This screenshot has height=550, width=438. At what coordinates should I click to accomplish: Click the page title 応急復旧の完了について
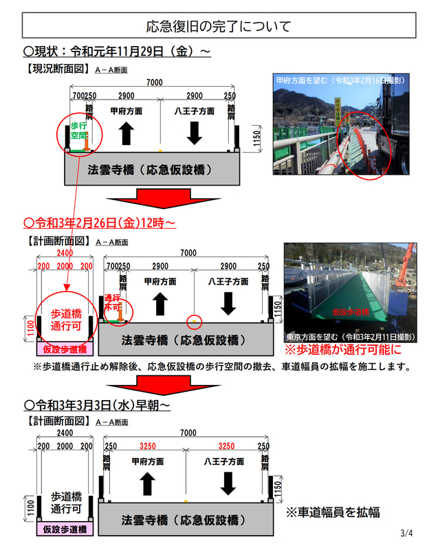pos(219,27)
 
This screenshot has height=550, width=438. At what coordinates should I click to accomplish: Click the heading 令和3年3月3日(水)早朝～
pos(96,405)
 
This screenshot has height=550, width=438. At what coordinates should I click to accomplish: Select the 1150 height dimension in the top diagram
pos(255,138)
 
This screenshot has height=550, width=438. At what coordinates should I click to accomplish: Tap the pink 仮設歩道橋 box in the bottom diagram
pos(65,529)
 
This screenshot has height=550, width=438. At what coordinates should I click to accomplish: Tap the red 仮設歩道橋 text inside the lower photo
pos(351,311)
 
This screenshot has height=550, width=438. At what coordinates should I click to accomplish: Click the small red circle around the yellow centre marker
pos(194,320)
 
